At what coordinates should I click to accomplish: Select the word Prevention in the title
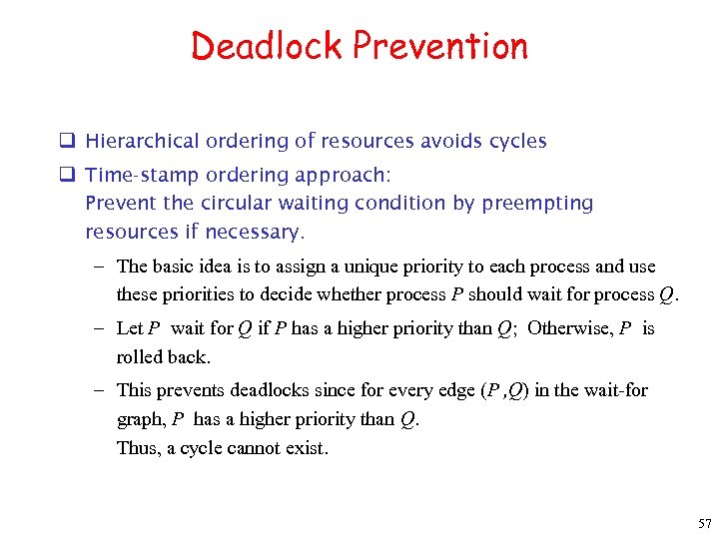[440, 46]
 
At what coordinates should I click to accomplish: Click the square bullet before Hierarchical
[72, 141]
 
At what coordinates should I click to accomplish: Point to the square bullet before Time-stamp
[72, 175]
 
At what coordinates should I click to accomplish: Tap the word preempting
[537, 204]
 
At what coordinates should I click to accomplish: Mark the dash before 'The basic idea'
[103, 267]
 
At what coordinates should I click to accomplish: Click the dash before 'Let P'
[103, 328]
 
